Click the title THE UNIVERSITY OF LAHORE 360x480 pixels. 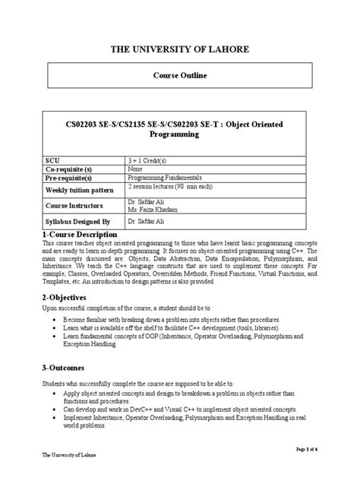(x=179, y=49)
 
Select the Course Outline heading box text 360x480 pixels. (x=179, y=77)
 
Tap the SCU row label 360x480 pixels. (x=54, y=161)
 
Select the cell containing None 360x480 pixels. (x=137, y=169)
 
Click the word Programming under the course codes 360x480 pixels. (x=180, y=134)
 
